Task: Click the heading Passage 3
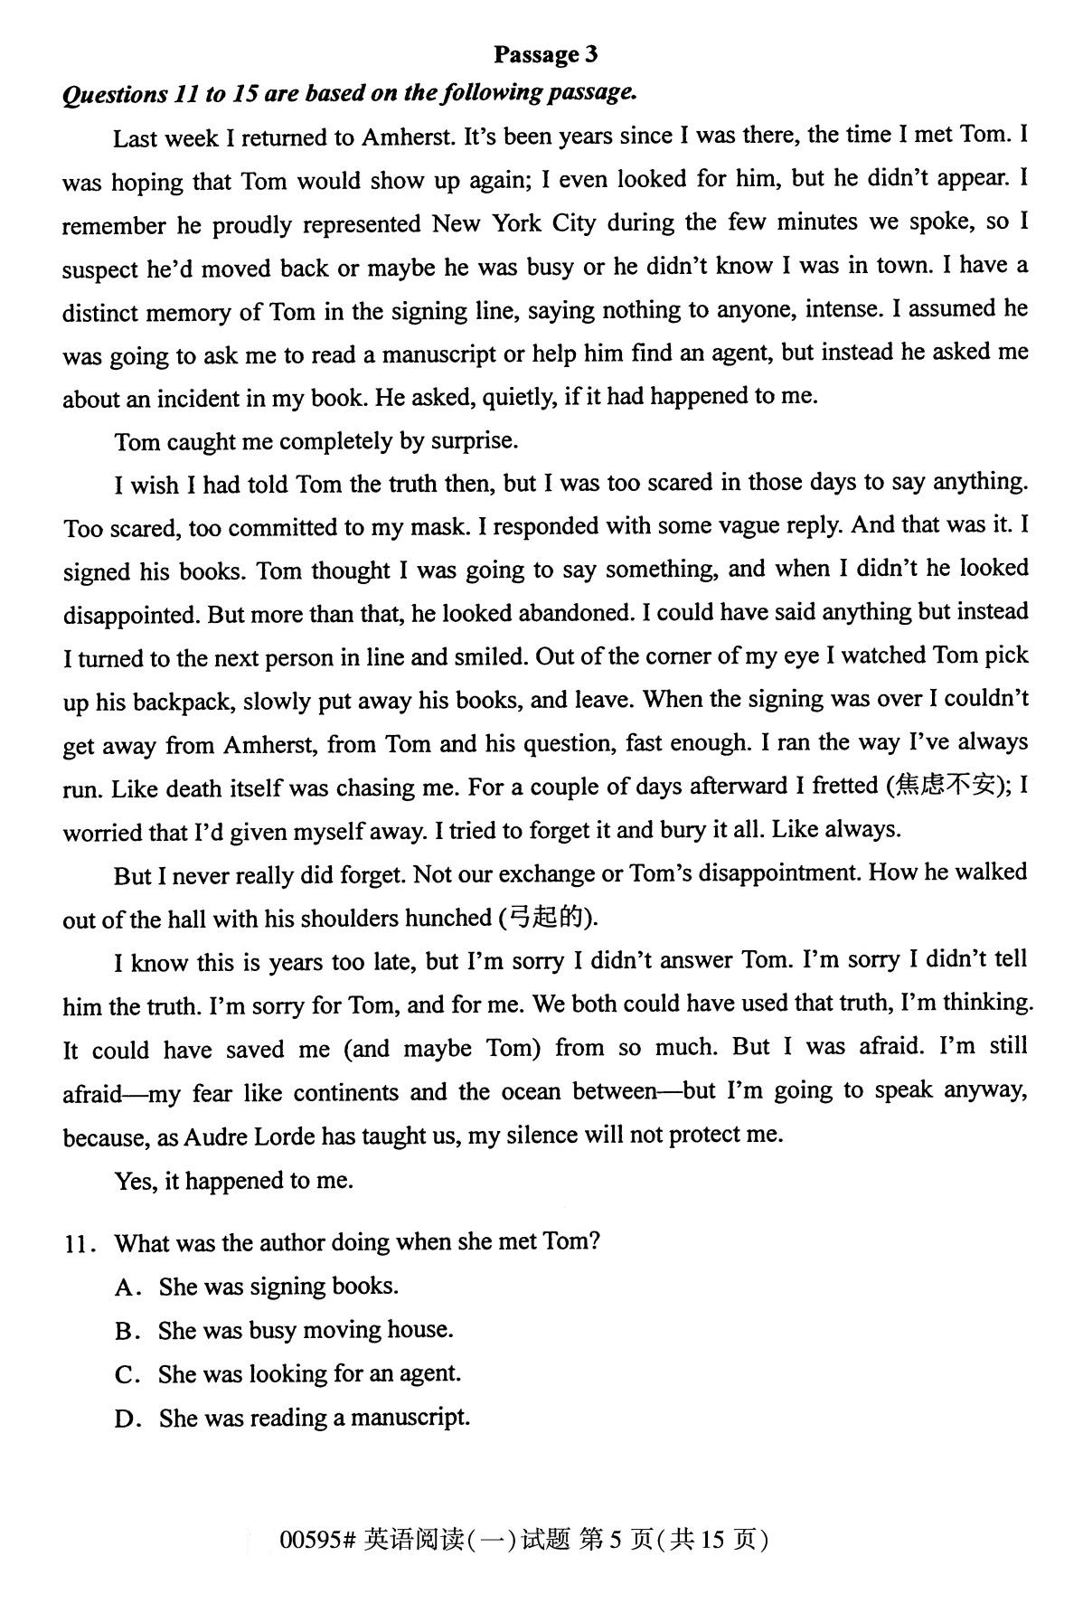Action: click(x=545, y=54)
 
